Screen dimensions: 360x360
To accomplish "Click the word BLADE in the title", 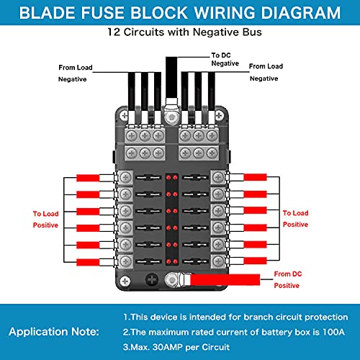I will [x=50, y=14].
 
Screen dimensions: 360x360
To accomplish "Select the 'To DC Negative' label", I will [x=225, y=59].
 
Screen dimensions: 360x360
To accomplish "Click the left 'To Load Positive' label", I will [x=45, y=220].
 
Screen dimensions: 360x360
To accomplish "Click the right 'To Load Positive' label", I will [x=296, y=219].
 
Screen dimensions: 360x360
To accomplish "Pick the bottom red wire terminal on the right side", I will [x=255, y=260].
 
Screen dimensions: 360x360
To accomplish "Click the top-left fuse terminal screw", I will [x=127, y=177].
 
